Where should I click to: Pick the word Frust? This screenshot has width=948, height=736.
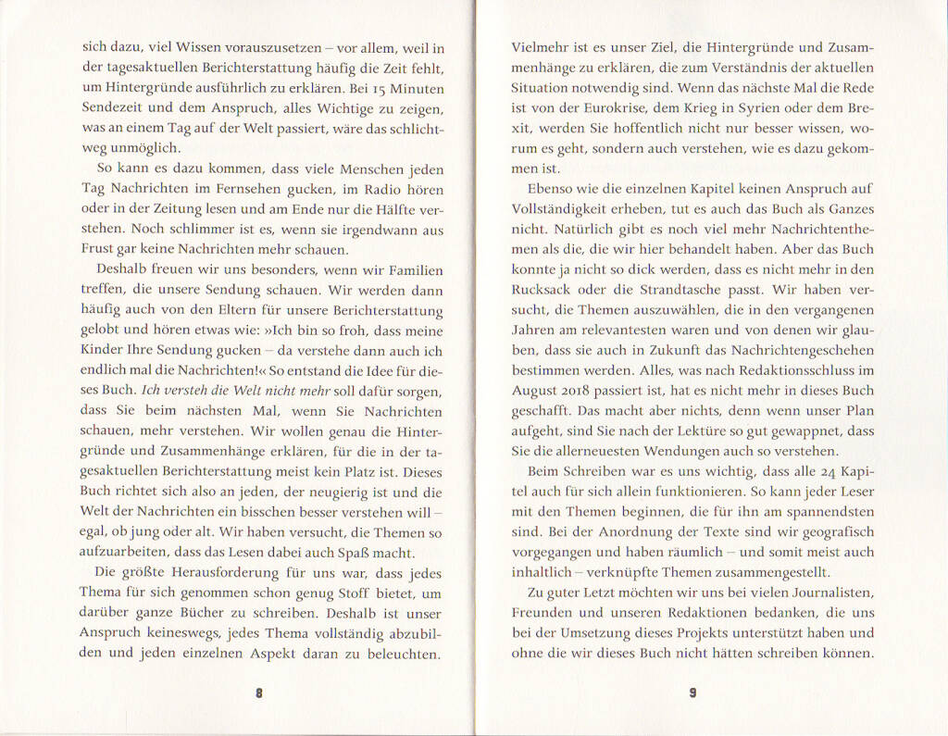[99, 250]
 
